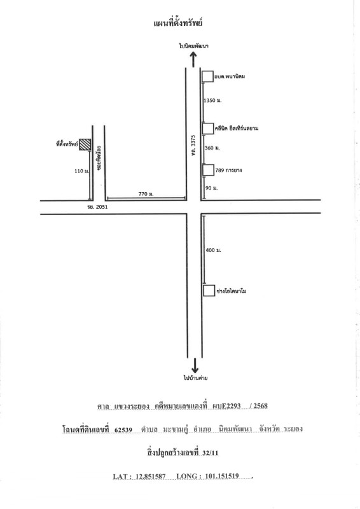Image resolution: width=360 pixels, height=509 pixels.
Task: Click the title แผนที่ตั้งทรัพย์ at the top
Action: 178,23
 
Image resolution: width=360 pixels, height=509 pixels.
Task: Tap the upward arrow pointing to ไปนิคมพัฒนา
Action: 193,59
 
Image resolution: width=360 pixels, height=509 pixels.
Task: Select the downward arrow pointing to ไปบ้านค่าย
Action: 195,365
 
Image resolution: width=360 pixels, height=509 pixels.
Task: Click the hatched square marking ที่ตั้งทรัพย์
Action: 85,144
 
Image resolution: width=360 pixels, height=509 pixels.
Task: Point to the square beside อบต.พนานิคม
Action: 208,76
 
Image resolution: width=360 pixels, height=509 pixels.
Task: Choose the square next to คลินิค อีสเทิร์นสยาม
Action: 208,129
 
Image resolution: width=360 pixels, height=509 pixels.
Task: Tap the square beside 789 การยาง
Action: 208,170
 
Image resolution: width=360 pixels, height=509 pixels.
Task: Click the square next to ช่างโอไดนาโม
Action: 209,291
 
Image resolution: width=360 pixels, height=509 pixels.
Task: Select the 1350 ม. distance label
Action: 212,101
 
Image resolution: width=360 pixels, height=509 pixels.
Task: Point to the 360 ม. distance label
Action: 212,148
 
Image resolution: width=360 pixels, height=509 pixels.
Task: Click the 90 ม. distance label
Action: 211,188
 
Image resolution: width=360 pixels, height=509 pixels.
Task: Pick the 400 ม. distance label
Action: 213,250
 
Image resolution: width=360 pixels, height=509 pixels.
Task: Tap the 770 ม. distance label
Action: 146,194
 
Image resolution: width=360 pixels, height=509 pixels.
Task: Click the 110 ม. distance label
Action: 82,171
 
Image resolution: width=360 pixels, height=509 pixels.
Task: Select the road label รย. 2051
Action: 97,207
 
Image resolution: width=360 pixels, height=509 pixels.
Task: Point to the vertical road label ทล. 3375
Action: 193,144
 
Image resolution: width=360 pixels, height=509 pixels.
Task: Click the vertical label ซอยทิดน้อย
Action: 99,157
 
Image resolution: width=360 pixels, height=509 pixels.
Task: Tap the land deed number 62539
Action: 123,429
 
